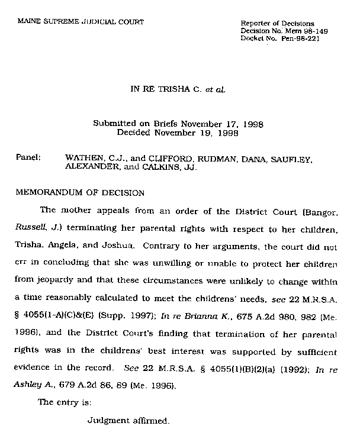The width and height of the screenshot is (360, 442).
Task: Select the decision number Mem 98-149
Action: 309,30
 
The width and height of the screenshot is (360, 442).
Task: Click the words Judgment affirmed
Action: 128,421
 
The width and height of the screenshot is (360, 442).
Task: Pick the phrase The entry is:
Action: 61,403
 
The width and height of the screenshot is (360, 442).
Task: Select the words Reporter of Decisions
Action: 278,23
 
